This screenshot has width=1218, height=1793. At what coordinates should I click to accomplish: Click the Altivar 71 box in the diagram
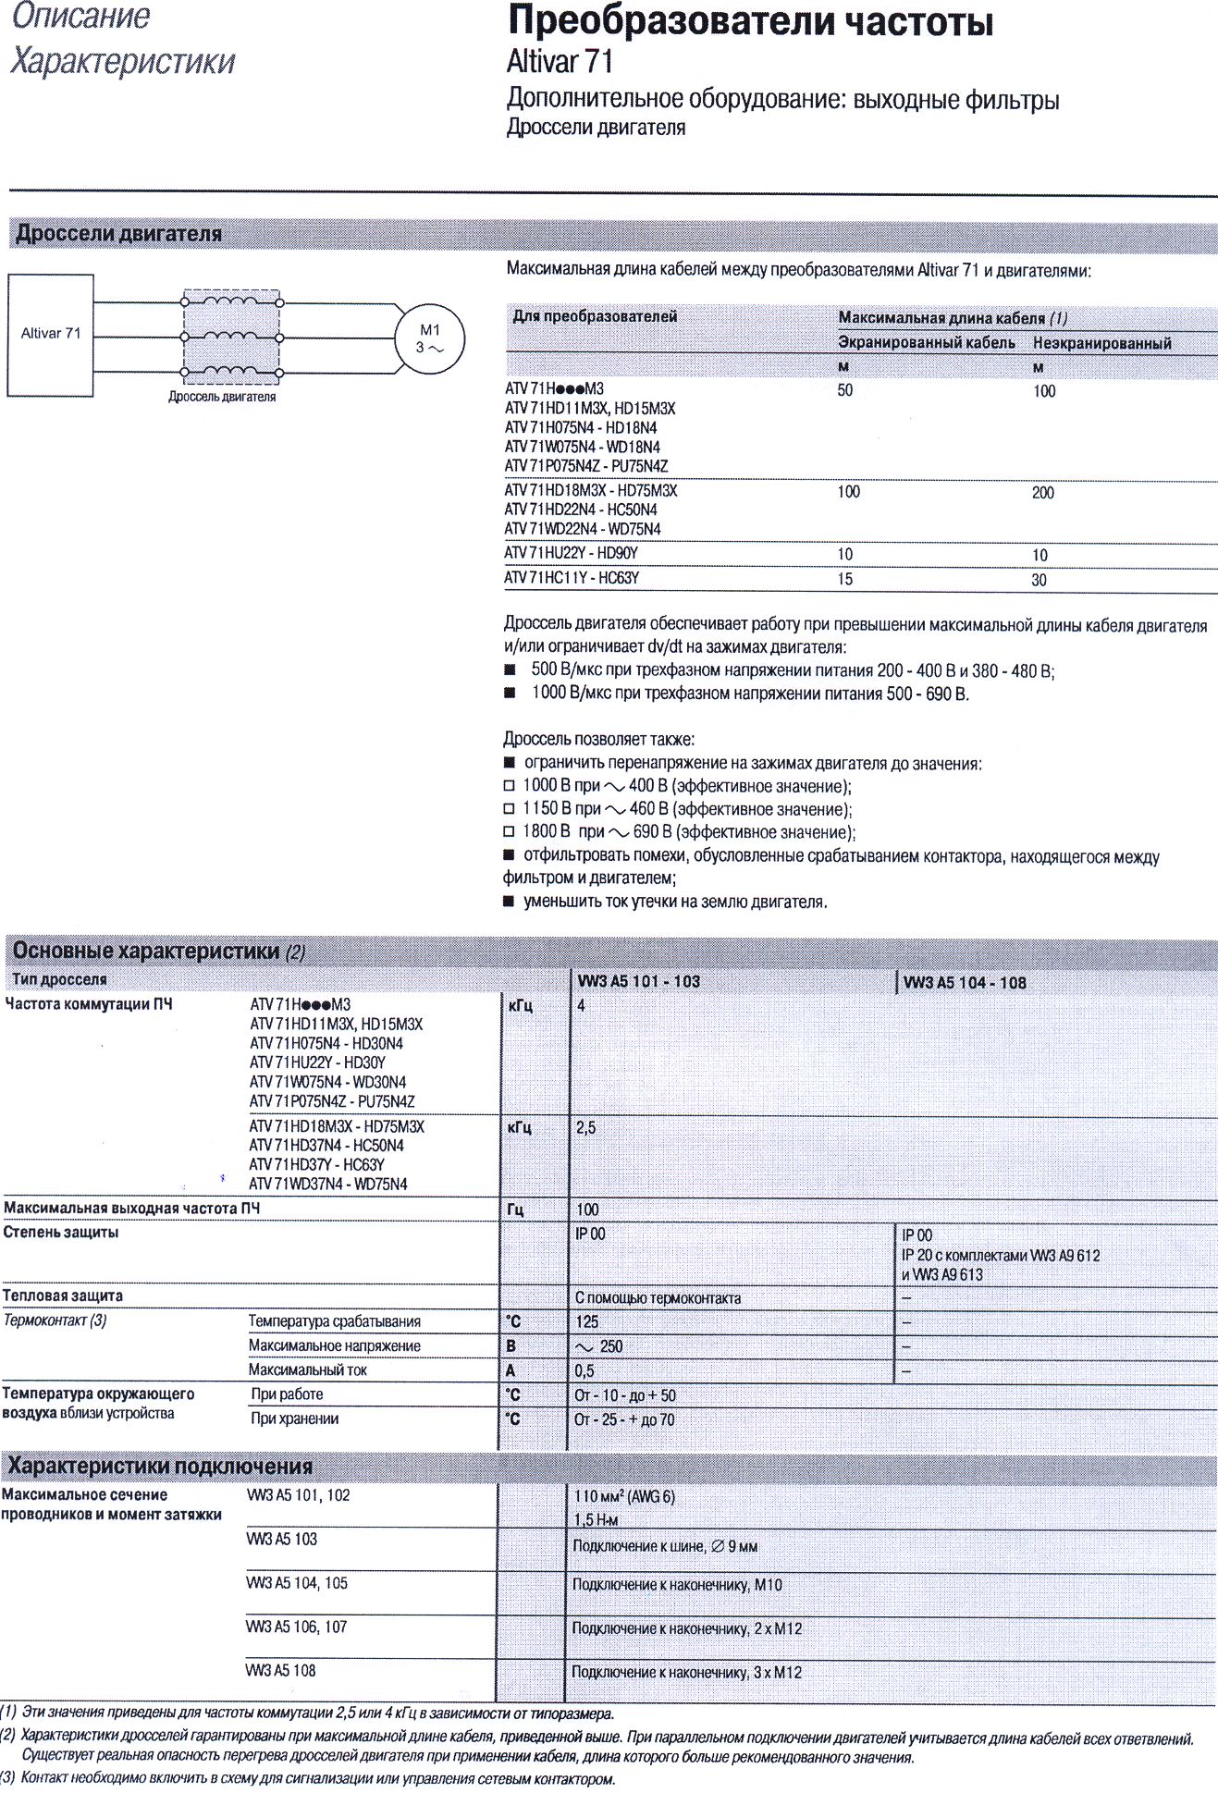coord(51,335)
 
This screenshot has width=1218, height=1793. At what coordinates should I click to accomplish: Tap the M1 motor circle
coord(429,339)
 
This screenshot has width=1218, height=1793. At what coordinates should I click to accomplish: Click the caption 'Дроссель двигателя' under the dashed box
coord(222,397)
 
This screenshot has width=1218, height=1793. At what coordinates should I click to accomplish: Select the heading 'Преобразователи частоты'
coord(750,22)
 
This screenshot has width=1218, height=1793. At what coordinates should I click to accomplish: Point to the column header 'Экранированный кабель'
coord(926,343)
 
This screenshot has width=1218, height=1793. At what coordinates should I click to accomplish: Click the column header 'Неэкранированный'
coord(1101,344)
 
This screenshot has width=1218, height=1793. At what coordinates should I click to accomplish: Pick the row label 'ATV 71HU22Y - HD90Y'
coord(571,554)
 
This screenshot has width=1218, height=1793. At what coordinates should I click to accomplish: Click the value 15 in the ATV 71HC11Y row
coord(844,580)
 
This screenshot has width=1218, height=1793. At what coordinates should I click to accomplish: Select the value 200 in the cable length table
coord(1042,493)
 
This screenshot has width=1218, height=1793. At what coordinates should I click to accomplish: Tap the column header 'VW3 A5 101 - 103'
coord(638,981)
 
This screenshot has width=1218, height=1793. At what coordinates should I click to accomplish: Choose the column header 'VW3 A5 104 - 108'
coord(965,983)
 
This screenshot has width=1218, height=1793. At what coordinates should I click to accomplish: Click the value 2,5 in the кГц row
coord(585,1128)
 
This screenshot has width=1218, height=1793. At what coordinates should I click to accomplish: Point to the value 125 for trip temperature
coord(586,1322)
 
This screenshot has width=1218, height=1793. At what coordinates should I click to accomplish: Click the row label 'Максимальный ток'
coord(307,1370)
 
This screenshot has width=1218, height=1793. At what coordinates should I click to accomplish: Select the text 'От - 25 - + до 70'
coord(624,1419)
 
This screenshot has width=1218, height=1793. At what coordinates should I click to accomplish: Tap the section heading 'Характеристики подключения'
coord(160,1467)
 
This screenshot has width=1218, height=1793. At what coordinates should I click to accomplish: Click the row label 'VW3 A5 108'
coord(280,1671)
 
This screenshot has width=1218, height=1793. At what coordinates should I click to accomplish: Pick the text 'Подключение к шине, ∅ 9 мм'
coord(665,1546)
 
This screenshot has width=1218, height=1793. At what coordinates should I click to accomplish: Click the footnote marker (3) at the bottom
coord(8,1778)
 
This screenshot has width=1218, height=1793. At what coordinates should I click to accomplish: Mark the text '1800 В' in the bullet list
coord(546,831)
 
